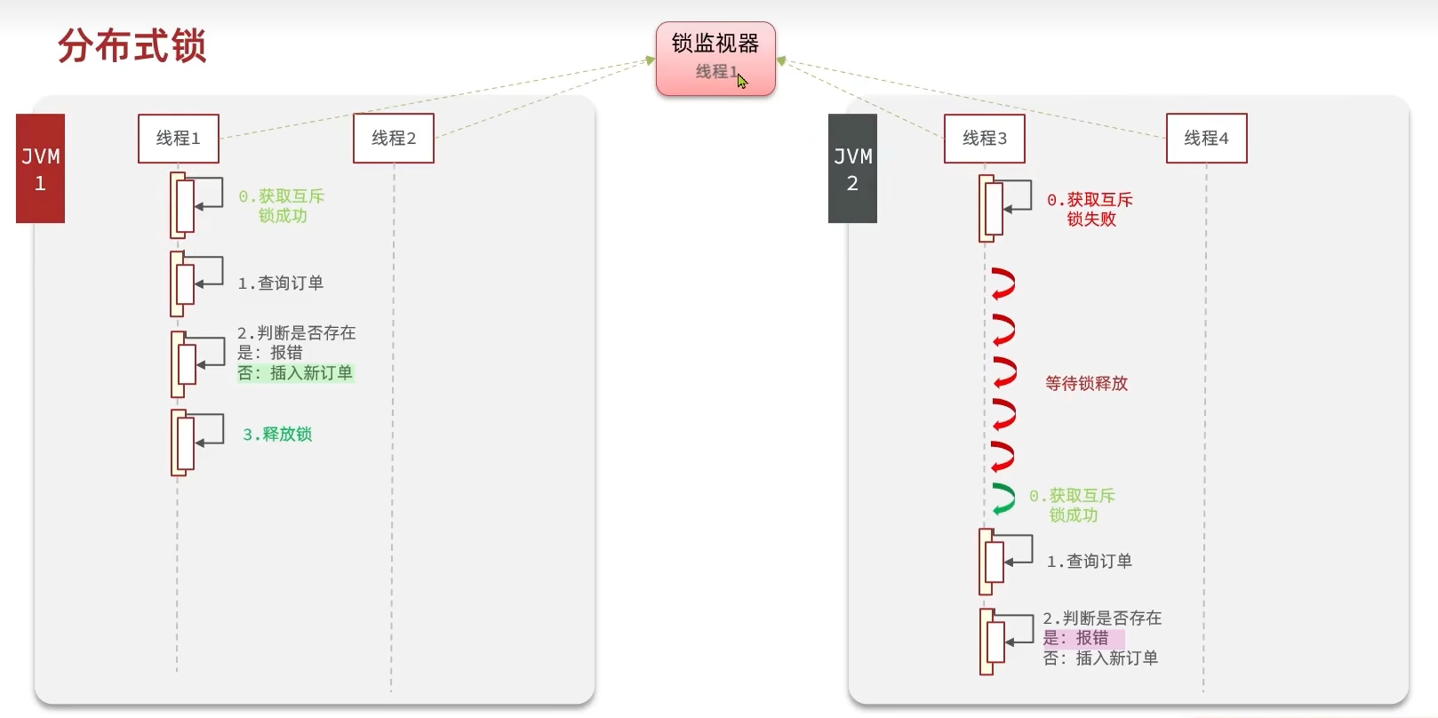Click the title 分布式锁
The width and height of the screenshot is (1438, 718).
coord(132,46)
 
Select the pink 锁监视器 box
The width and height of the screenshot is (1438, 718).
coord(715,58)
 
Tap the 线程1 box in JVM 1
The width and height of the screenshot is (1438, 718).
coord(179,138)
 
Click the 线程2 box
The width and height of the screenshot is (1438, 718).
coord(394,138)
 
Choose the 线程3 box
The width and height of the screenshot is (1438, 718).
coord(985,138)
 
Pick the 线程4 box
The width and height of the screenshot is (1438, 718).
coord(1206,138)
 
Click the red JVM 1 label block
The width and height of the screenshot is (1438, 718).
coord(41,169)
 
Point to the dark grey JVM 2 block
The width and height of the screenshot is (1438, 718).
coord(852,169)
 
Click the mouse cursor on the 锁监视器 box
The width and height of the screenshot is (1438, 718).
coord(742,81)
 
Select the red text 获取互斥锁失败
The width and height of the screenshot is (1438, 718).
coord(1090,210)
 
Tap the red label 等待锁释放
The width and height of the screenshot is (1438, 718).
coord(1086,383)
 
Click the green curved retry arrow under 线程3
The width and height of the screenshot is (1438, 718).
coord(1003,499)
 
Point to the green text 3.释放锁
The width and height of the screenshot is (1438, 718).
coord(277,434)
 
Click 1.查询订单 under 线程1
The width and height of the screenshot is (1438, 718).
coord(280,283)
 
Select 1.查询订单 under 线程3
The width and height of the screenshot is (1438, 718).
coord(1089,561)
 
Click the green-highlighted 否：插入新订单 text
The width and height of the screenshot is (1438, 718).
coord(295,373)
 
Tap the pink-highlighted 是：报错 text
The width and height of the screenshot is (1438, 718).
coord(1076,638)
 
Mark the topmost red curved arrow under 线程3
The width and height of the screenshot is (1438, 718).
coord(1003,283)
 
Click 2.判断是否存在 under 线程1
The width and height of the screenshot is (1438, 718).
coord(296,332)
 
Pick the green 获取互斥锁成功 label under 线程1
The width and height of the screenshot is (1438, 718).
coord(282,205)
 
